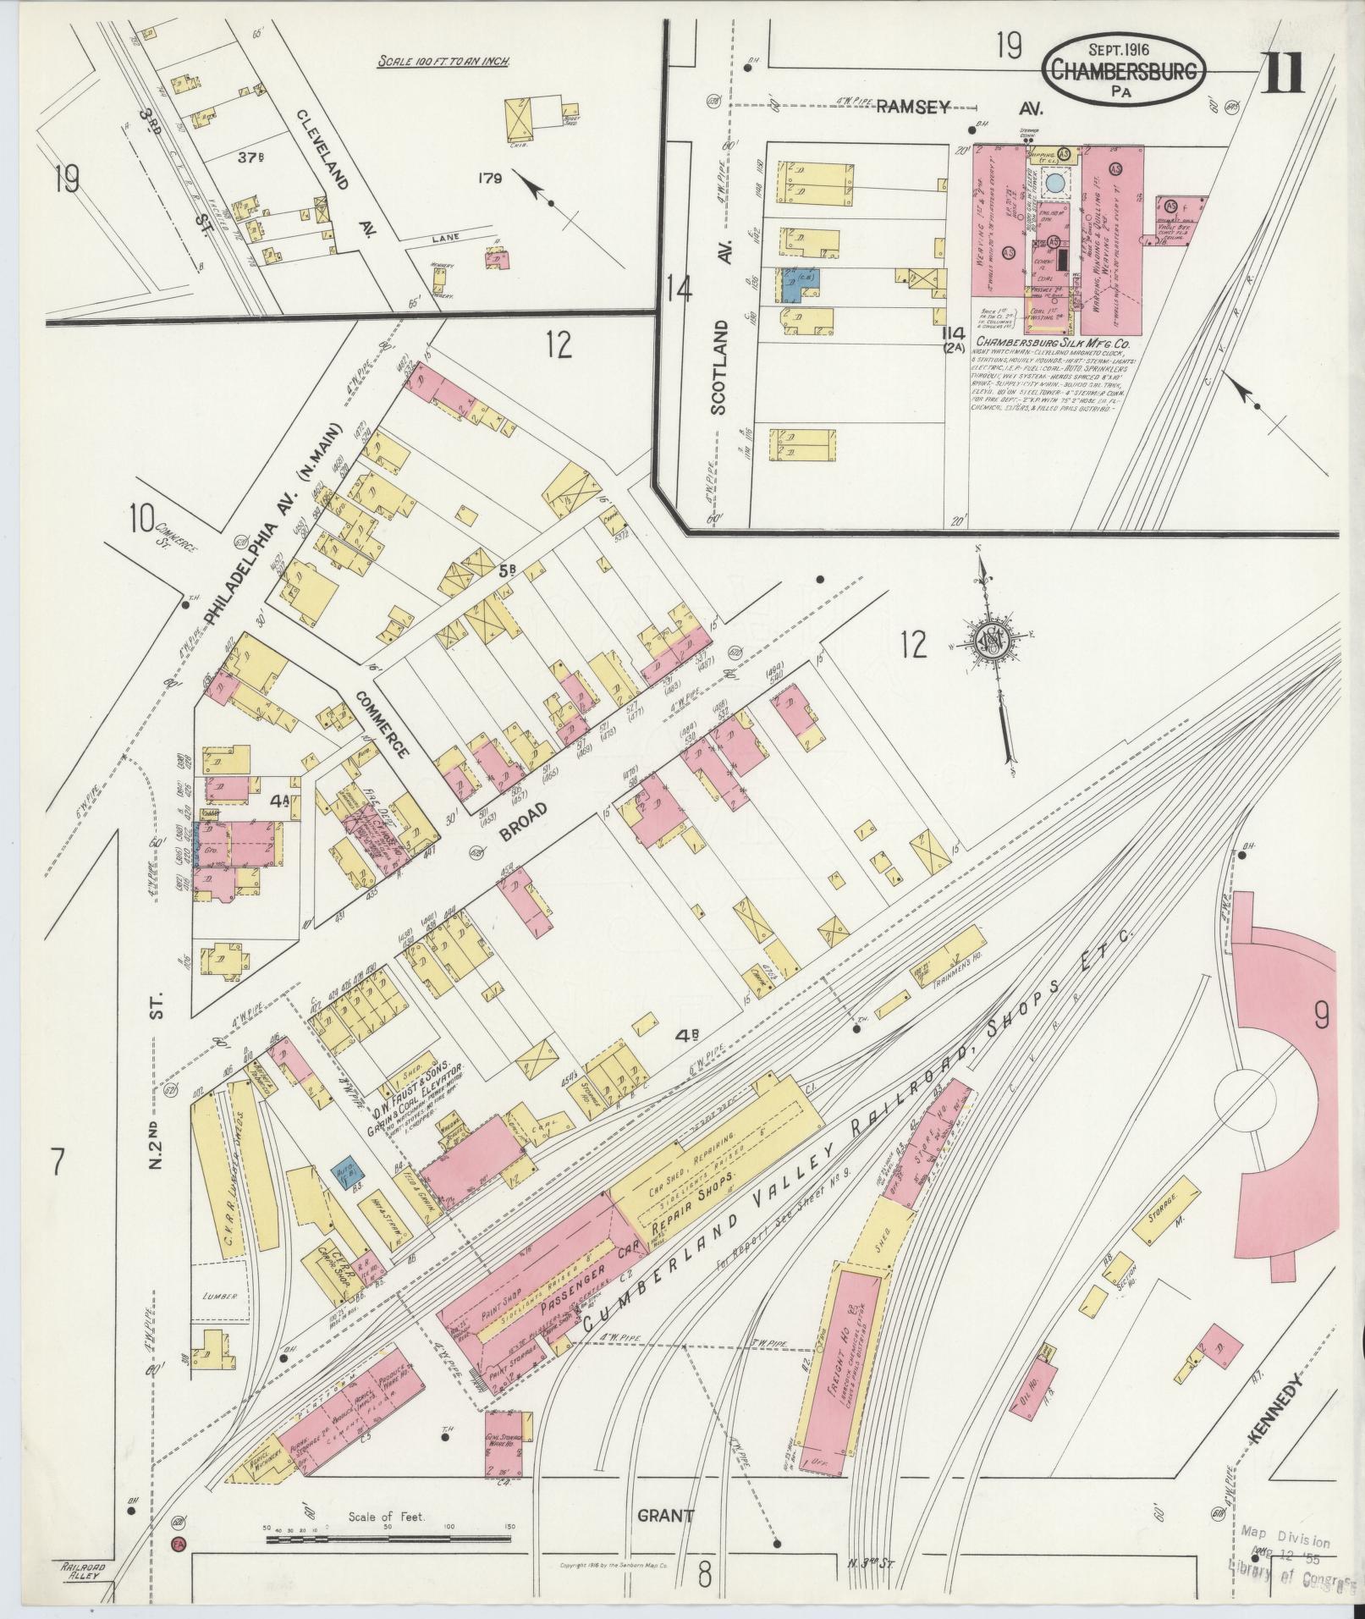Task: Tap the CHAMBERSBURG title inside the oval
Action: click(1125, 72)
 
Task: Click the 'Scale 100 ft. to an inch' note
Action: click(448, 61)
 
